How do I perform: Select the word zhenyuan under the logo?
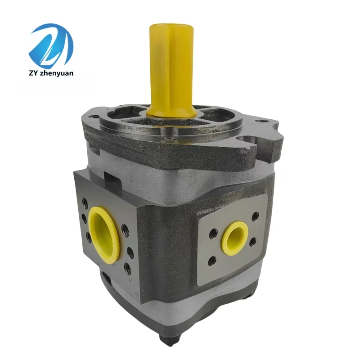tap(59, 73)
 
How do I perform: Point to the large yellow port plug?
tap(104, 232)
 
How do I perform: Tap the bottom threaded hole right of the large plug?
tap(128, 270)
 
